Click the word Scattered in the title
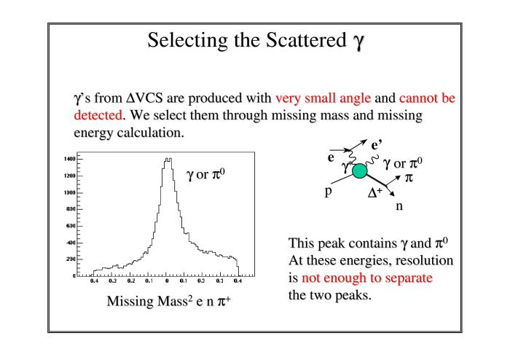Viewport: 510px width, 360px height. pyautogui.click(x=306, y=40)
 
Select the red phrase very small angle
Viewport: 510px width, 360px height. pyautogui.click(x=323, y=98)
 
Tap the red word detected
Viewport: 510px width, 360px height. pyautogui.click(x=98, y=115)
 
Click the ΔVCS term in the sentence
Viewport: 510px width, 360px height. pyautogui.click(x=144, y=98)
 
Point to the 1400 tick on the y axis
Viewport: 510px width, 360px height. pyautogui.click(x=70, y=159)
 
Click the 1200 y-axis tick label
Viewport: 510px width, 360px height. pyautogui.click(x=70, y=176)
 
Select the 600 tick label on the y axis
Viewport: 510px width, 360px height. pyautogui.click(x=71, y=226)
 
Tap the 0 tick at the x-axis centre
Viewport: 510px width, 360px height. pyautogui.click(x=167, y=281)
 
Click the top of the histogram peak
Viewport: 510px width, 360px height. pyautogui.click(x=168, y=159)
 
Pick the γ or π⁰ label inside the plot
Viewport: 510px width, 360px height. pyautogui.click(x=205, y=174)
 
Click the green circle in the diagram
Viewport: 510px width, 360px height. pyautogui.click(x=359, y=171)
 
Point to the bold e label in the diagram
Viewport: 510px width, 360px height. pyautogui.click(x=331, y=157)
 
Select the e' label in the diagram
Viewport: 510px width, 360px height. pyautogui.click(x=377, y=144)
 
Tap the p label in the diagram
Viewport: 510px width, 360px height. pyautogui.click(x=328, y=191)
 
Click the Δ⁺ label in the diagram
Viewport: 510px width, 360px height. pyautogui.click(x=374, y=193)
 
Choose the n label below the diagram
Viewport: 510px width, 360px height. pyautogui.click(x=399, y=206)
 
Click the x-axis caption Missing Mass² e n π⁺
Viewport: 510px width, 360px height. pyautogui.click(x=168, y=301)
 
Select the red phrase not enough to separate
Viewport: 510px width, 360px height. pyautogui.click(x=367, y=278)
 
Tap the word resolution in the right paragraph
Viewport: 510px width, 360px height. pyautogui.click(x=425, y=260)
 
